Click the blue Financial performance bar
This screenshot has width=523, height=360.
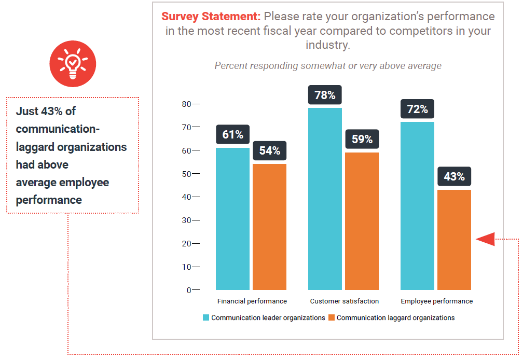[x=232, y=218]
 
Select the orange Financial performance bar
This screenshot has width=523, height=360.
[x=269, y=227]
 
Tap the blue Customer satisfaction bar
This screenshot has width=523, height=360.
[x=325, y=199]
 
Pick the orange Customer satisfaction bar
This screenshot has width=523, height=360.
[x=362, y=221]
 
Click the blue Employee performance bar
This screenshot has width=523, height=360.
[x=417, y=205]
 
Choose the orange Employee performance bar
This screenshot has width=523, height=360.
[x=454, y=240]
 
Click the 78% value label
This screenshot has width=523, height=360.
[x=325, y=95]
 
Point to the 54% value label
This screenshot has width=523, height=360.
[x=269, y=151]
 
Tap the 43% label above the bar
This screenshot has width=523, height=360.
[x=454, y=177]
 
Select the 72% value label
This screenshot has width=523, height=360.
[x=417, y=109]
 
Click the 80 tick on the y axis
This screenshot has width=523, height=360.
[x=185, y=104]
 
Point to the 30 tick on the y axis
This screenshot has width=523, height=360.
[x=185, y=220]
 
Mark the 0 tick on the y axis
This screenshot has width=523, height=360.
[x=188, y=290]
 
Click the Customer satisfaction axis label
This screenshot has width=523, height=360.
[x=344, y=301]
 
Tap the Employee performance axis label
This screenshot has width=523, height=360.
[x=436, y=301]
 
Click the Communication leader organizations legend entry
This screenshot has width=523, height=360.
[x=264, y=317]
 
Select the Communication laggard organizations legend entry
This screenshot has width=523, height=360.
[x=391, y=317]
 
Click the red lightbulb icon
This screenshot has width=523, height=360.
[x=73, y=64]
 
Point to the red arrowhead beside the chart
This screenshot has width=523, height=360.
[x=485, y=239]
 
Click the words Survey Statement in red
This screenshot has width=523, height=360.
[x=211, y=17]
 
